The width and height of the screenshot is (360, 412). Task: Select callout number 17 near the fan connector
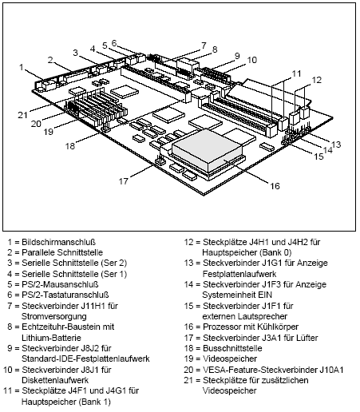pyautogui.click(x=124, y=180)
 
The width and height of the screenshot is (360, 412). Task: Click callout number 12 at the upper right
pyautogui.click(x=316, y=79)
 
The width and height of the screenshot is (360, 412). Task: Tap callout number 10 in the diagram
pyautogui.click(x=251, y=60)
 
